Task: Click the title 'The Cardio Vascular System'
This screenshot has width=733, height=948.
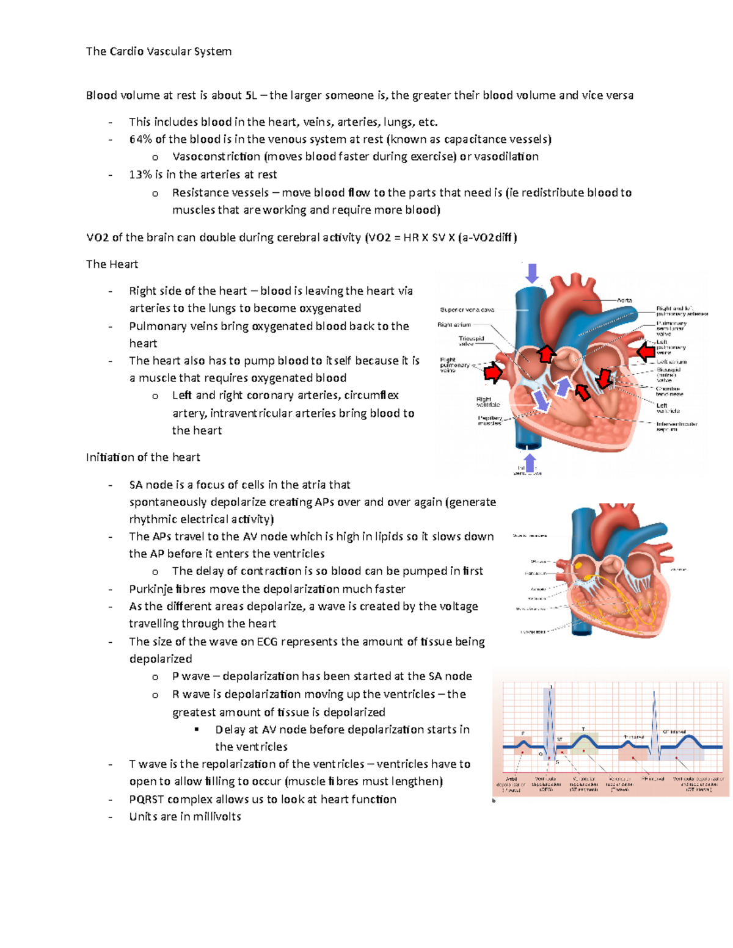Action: point(159,51)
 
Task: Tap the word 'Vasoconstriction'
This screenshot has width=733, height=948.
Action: point(216,157)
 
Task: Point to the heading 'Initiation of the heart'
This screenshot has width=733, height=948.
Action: point(143,457)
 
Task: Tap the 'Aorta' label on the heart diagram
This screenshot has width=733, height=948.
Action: point(624,300)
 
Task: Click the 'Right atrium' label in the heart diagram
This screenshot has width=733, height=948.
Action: point(454,325)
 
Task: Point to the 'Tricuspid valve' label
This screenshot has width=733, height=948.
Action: point(471,341)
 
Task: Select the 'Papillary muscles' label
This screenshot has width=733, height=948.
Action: point(490,421)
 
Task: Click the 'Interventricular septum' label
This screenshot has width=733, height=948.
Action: point(676,426)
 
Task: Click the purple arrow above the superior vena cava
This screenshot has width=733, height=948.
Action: point(532,273)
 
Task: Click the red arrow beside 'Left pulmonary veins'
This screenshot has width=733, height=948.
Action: point(645,352)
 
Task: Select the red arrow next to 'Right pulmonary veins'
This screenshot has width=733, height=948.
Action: point(492,372)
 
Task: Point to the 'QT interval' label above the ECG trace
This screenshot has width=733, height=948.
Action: point(674,731)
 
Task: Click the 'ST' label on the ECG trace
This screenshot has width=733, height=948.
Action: point(560,739)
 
